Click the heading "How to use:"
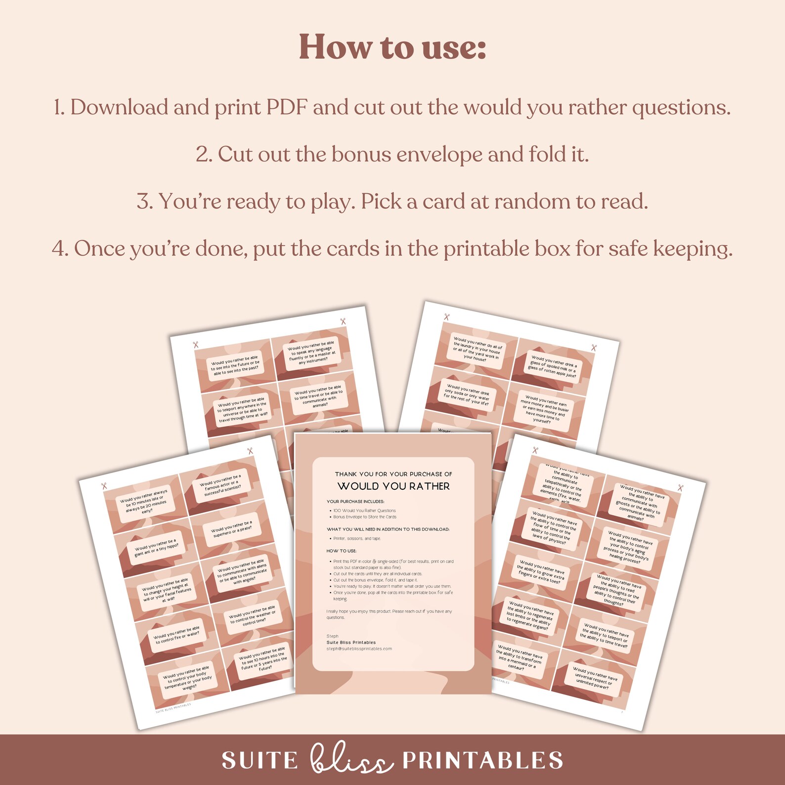pyautogui.click(x=392, y=47)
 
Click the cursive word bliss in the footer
pyautogui.click(x=350, y=759)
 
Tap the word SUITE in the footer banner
pyautogui.click(x=260, y=760)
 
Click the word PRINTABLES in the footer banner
pyautogui.click(x=482, y=760)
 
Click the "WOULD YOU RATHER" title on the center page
pyautogui.click(x=393, y=486)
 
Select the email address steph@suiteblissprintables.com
pyautogui.click(x=359, y=649)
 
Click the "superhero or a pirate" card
pyautogui.click(x=231, y=528)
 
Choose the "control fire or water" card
pyautogui.click(x=176, y=635)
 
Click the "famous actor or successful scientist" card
pyautogui.click(x=221, y=485)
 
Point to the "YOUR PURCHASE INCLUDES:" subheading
pyautogui.click(x=355, y=501)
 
